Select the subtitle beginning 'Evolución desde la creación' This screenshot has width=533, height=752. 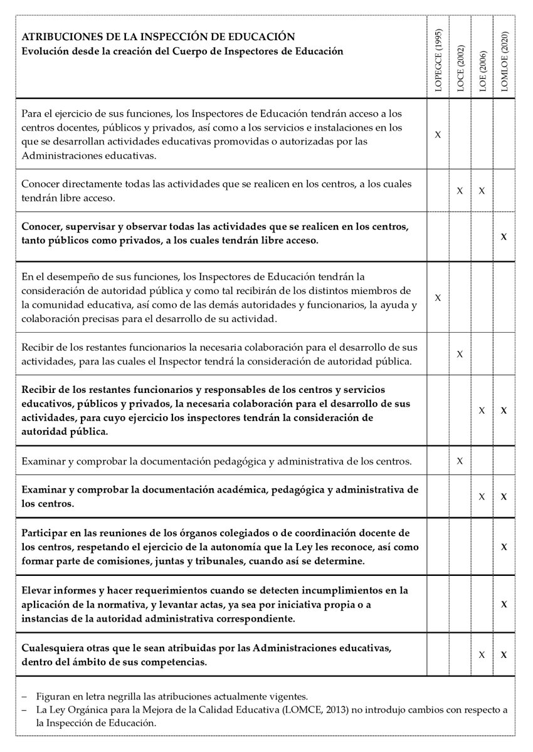(x=182, y=51)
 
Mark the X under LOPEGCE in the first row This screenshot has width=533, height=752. (x=438, y=134)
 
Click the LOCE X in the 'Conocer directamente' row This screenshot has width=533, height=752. (x=460, y=190)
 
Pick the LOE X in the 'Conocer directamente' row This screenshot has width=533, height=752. (x=482, y=190)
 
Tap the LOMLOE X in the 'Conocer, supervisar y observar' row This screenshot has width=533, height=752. (x=504, y=236)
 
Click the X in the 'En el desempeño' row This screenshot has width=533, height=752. (x=438, y=297)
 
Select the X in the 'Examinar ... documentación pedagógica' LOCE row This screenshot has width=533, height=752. (x=460, y=461)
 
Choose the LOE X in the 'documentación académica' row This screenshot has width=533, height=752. (x=482, y=496)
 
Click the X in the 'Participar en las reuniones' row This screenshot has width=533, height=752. (x=504, y=546)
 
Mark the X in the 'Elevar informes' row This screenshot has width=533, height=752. (x=504, y=603)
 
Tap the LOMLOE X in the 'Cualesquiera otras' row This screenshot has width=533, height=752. (x=504, y=654)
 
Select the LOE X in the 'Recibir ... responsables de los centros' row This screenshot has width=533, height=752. (x=482, y=410)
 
